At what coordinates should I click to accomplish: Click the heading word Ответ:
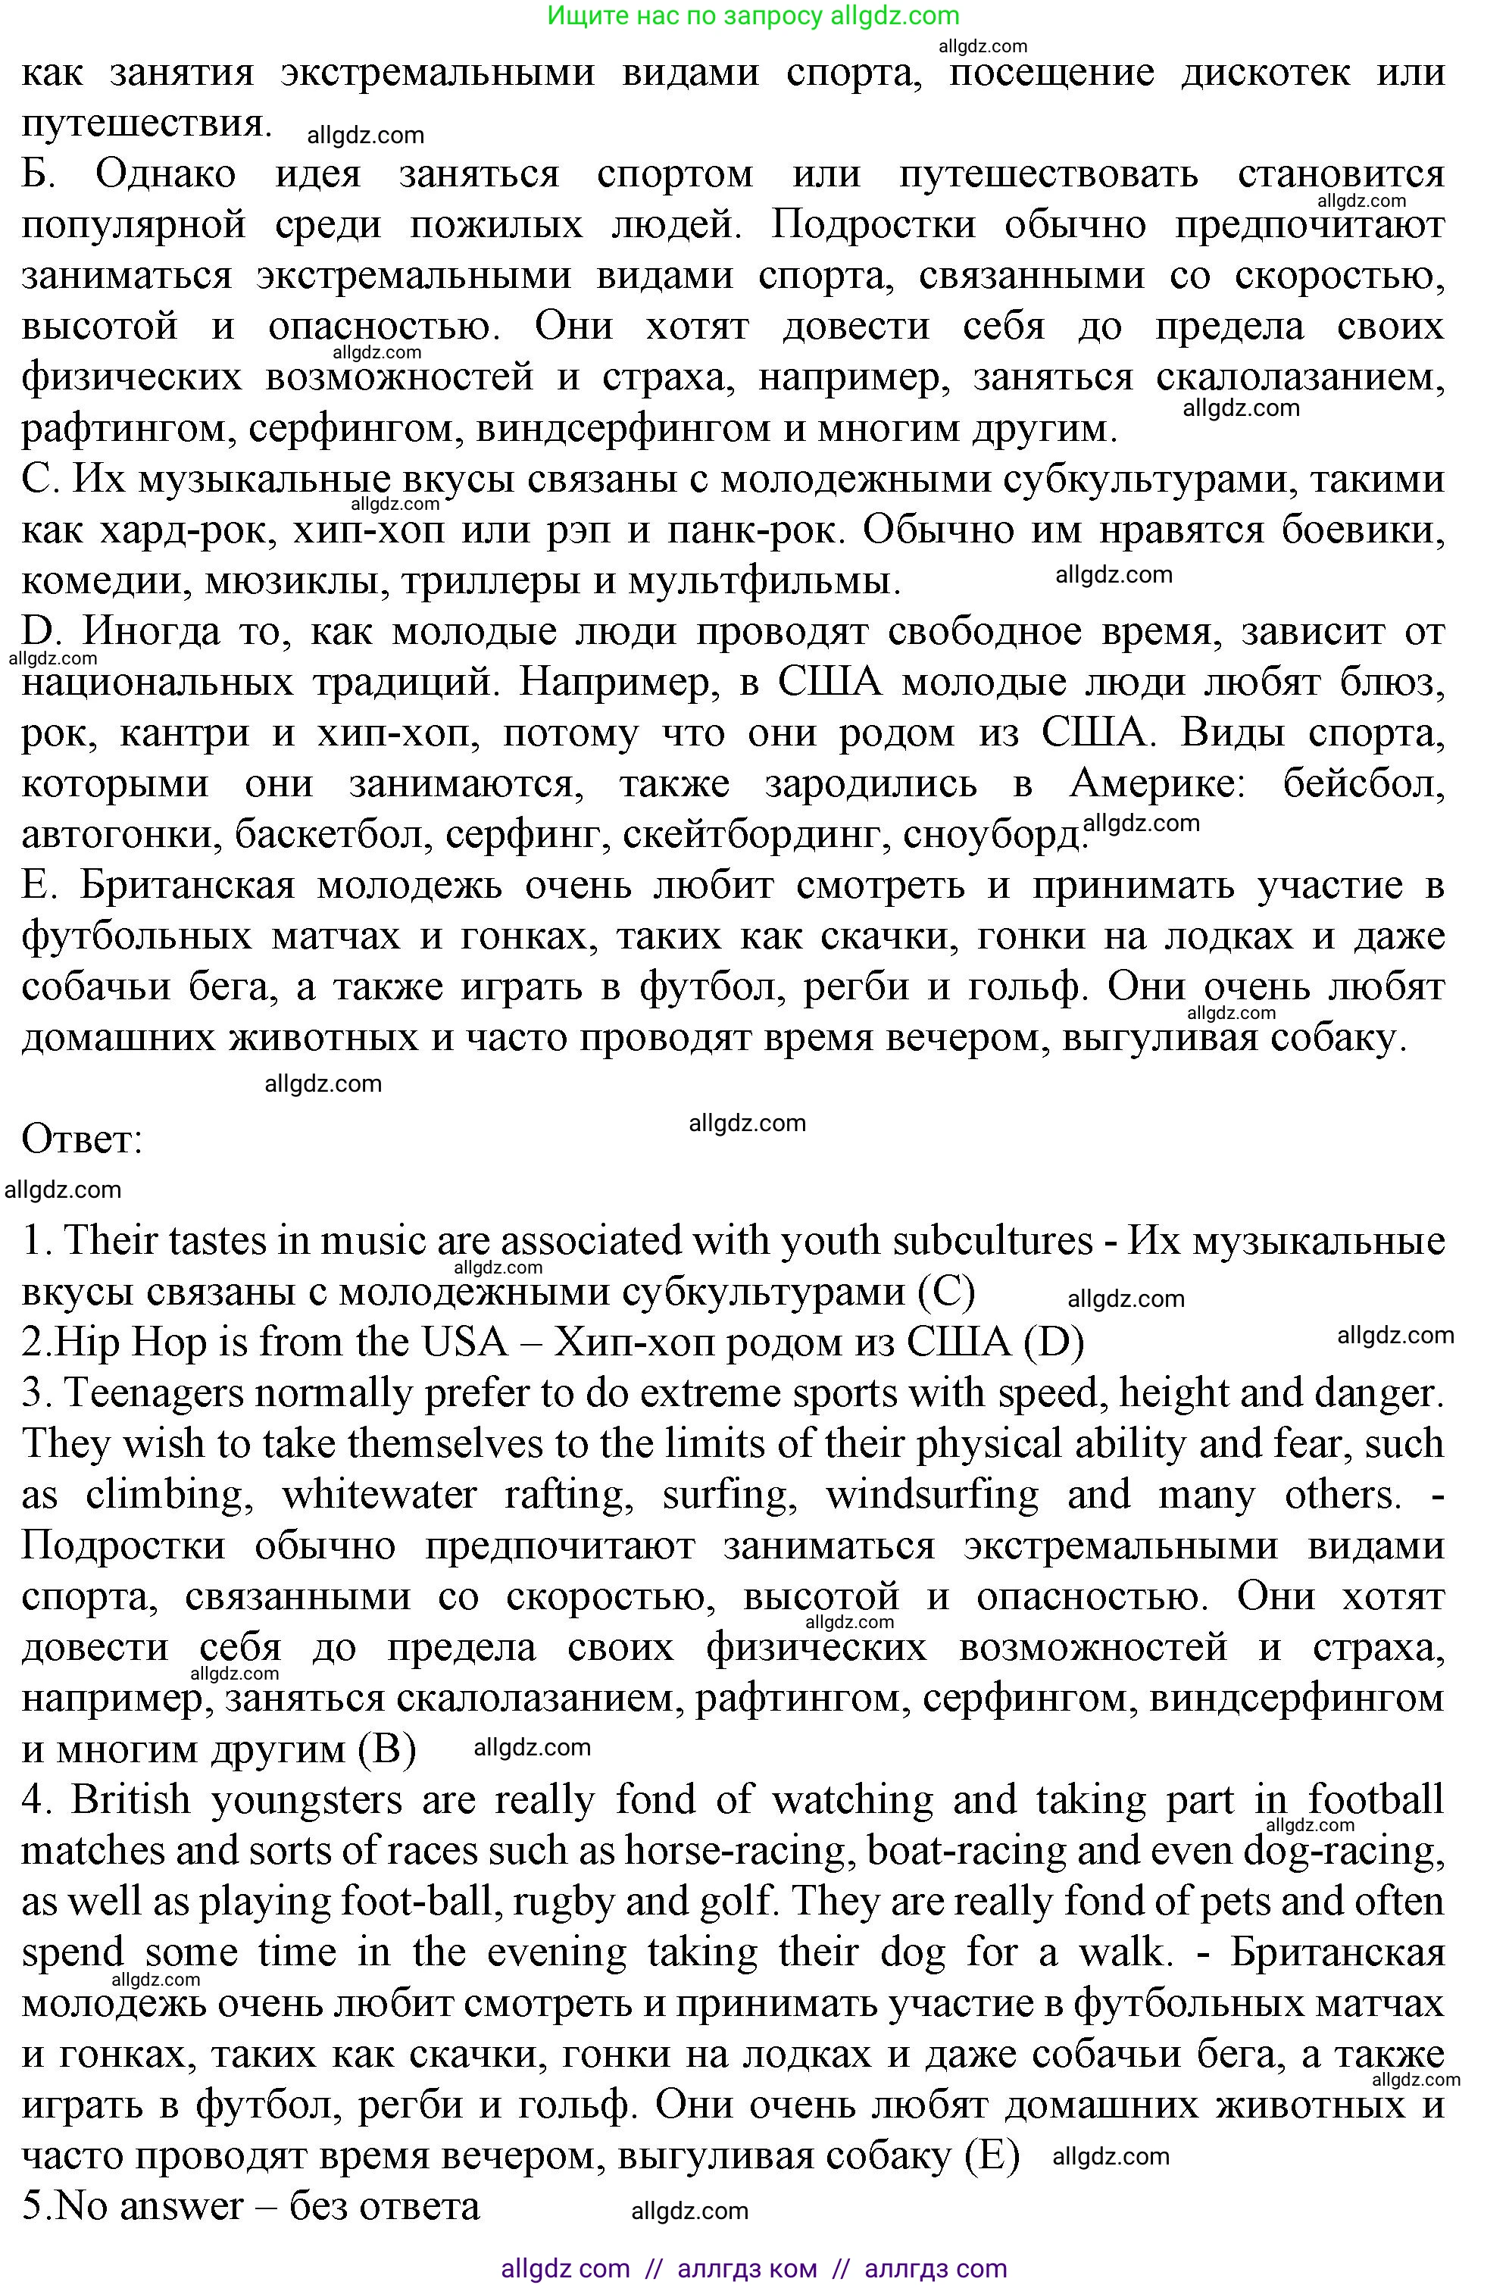click(82, 1139)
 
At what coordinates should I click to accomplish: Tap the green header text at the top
click(754, 15)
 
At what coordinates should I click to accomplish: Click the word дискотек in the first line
click(1264, 72)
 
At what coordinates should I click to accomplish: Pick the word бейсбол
click(1364, 784)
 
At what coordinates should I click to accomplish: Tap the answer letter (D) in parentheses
click(1054, 1342)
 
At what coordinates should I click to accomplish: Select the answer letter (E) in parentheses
click(992, 2155)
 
